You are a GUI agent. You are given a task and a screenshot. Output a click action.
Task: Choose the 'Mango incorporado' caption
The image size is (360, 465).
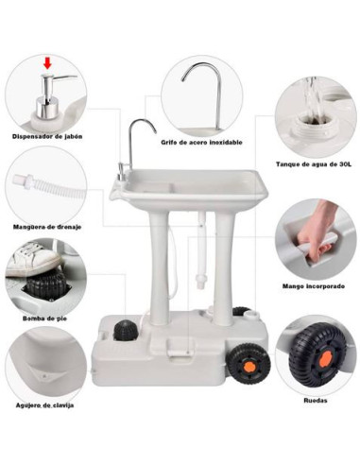pos(313,285)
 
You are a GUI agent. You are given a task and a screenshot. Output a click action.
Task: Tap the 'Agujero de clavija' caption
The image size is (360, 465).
pos(43,406)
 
